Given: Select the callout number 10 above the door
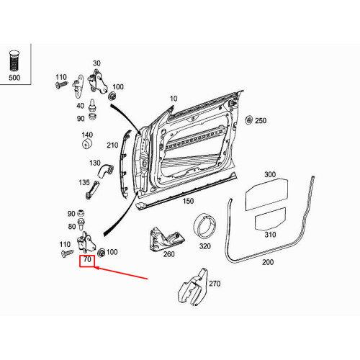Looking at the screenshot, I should (173, 98).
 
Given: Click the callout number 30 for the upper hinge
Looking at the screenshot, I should (96, 63).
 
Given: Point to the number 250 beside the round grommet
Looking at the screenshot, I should (260, 120).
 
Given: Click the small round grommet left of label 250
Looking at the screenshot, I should (248, 120).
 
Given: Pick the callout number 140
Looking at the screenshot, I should (87, 135).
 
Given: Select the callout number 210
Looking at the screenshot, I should (112, 145).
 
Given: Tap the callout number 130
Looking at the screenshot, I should (95, 163).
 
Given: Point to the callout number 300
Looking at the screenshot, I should (270, 174).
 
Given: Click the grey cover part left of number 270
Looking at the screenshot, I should (192, 287).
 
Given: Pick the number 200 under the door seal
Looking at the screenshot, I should (267, 262).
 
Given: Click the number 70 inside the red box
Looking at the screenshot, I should (87, 259).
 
